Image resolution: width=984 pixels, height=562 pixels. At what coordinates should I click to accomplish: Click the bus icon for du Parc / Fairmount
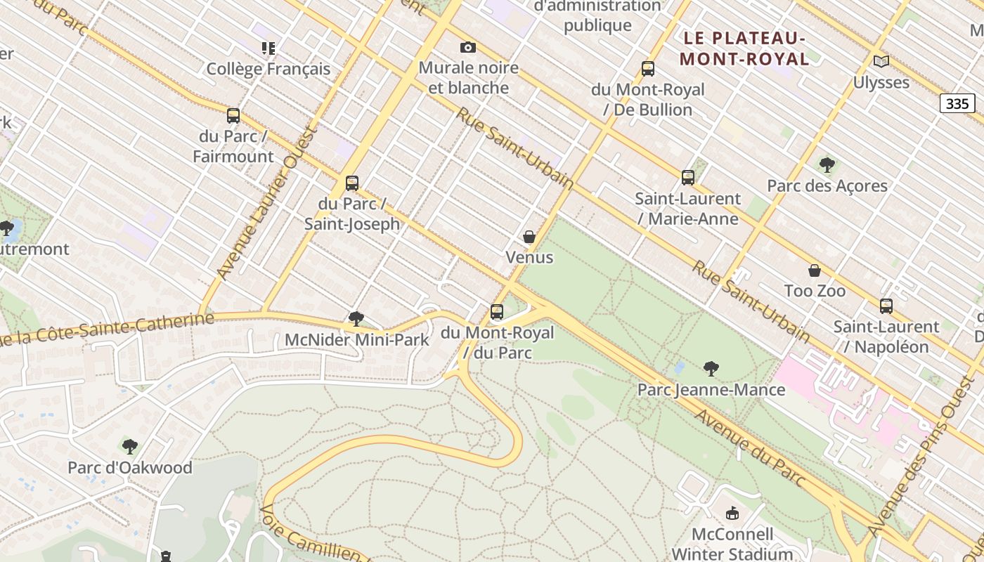tap(233, 116)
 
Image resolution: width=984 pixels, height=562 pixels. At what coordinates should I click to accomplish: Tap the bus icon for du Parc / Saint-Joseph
tap(352, 183)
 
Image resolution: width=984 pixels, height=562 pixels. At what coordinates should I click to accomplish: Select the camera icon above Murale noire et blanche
tap(468, 47)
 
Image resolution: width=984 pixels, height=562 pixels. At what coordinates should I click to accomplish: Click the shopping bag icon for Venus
tap(529, 237)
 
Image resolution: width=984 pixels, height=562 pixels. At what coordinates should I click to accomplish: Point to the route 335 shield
tap(957, 104)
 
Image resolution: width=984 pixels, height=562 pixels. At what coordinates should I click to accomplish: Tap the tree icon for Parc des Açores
tap(827, 165)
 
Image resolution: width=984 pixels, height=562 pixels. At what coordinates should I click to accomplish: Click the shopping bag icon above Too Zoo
tap(815, 270)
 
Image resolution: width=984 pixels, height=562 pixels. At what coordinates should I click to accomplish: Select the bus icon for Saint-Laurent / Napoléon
tap(886, 306)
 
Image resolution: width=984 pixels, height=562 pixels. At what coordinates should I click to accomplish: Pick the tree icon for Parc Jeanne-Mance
tap(711, 368)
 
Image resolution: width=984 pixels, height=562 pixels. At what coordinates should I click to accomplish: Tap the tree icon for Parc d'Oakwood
tap(130, 446)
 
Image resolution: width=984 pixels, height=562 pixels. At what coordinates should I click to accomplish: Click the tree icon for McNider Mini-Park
tap(356, 319)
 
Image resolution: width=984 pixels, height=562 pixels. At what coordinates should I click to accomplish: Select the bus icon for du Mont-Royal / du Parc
tap(497, 311)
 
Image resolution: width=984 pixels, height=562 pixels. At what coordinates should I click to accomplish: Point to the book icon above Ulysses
tap(881, 61)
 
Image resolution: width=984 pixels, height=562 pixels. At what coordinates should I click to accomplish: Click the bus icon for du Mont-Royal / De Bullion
tap(648, 69)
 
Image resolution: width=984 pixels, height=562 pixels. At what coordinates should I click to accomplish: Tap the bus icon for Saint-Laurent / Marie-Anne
tap(688, 178)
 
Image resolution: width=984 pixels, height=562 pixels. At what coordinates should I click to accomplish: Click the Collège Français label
tap(268, 69)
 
